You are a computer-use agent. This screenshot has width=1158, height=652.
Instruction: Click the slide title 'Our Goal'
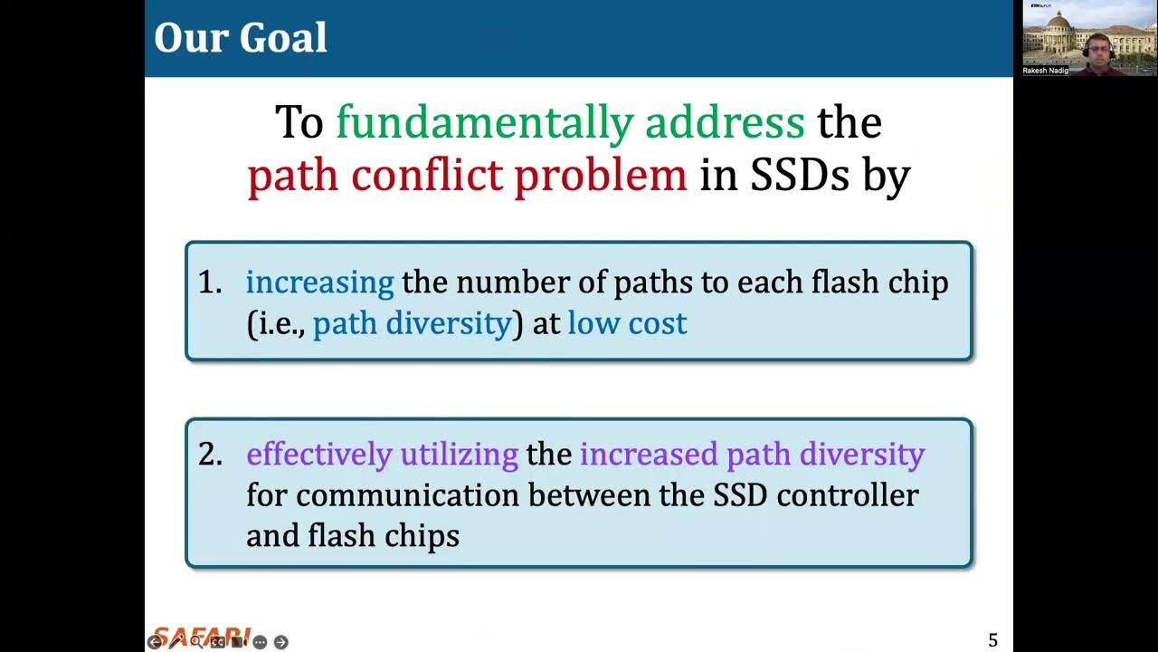pyautogui.click(x=241, y=38)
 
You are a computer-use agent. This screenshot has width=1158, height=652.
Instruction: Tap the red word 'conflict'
pyautogui.click(x=428, y=175)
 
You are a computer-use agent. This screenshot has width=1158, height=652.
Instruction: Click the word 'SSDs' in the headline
pyautogui.click(x=799, y=175)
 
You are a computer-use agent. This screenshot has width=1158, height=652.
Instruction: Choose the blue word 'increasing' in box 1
pyautogui.click(x=319, y=283)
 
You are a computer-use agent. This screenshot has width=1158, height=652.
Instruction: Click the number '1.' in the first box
pyautogui.click(x=210, y=283)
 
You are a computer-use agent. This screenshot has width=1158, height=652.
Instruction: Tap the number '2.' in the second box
pyautogui.click(x=210, y=455)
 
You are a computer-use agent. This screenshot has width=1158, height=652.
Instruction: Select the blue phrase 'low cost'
pyautogui.click(x=627, y=323)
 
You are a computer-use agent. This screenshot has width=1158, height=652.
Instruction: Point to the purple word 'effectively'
pyautogui.click(x=319, y=455)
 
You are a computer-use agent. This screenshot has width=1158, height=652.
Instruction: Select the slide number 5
pyautogui.click(x=992, y=640)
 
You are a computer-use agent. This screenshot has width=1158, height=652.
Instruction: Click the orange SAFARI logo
pyautogui.click(x=201, y=634)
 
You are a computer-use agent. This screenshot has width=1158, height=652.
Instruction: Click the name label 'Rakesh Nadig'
pyautogui.click(x=1045, y=70)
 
